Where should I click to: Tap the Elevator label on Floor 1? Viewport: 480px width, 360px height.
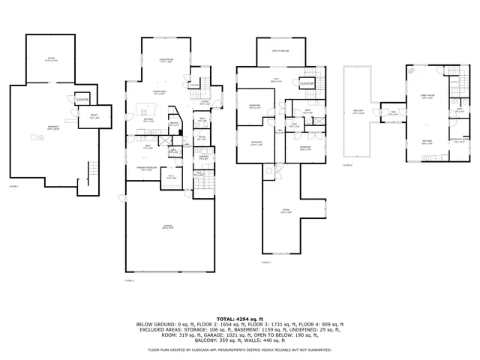82,99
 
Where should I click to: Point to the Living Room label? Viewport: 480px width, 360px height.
166,61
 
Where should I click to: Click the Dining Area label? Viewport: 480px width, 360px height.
160,91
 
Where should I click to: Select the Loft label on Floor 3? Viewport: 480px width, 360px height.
276,81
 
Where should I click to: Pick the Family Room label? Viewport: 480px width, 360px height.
427,97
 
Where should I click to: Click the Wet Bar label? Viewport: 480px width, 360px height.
426,142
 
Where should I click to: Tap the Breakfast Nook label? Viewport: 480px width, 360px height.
460,140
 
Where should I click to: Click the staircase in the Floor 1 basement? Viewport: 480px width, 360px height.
93,172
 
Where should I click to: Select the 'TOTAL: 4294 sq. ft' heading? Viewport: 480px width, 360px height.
239,319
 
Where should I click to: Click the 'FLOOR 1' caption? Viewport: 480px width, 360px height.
13,185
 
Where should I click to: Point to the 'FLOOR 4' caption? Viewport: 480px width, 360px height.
347,164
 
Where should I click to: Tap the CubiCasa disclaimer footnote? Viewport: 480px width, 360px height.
239,349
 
